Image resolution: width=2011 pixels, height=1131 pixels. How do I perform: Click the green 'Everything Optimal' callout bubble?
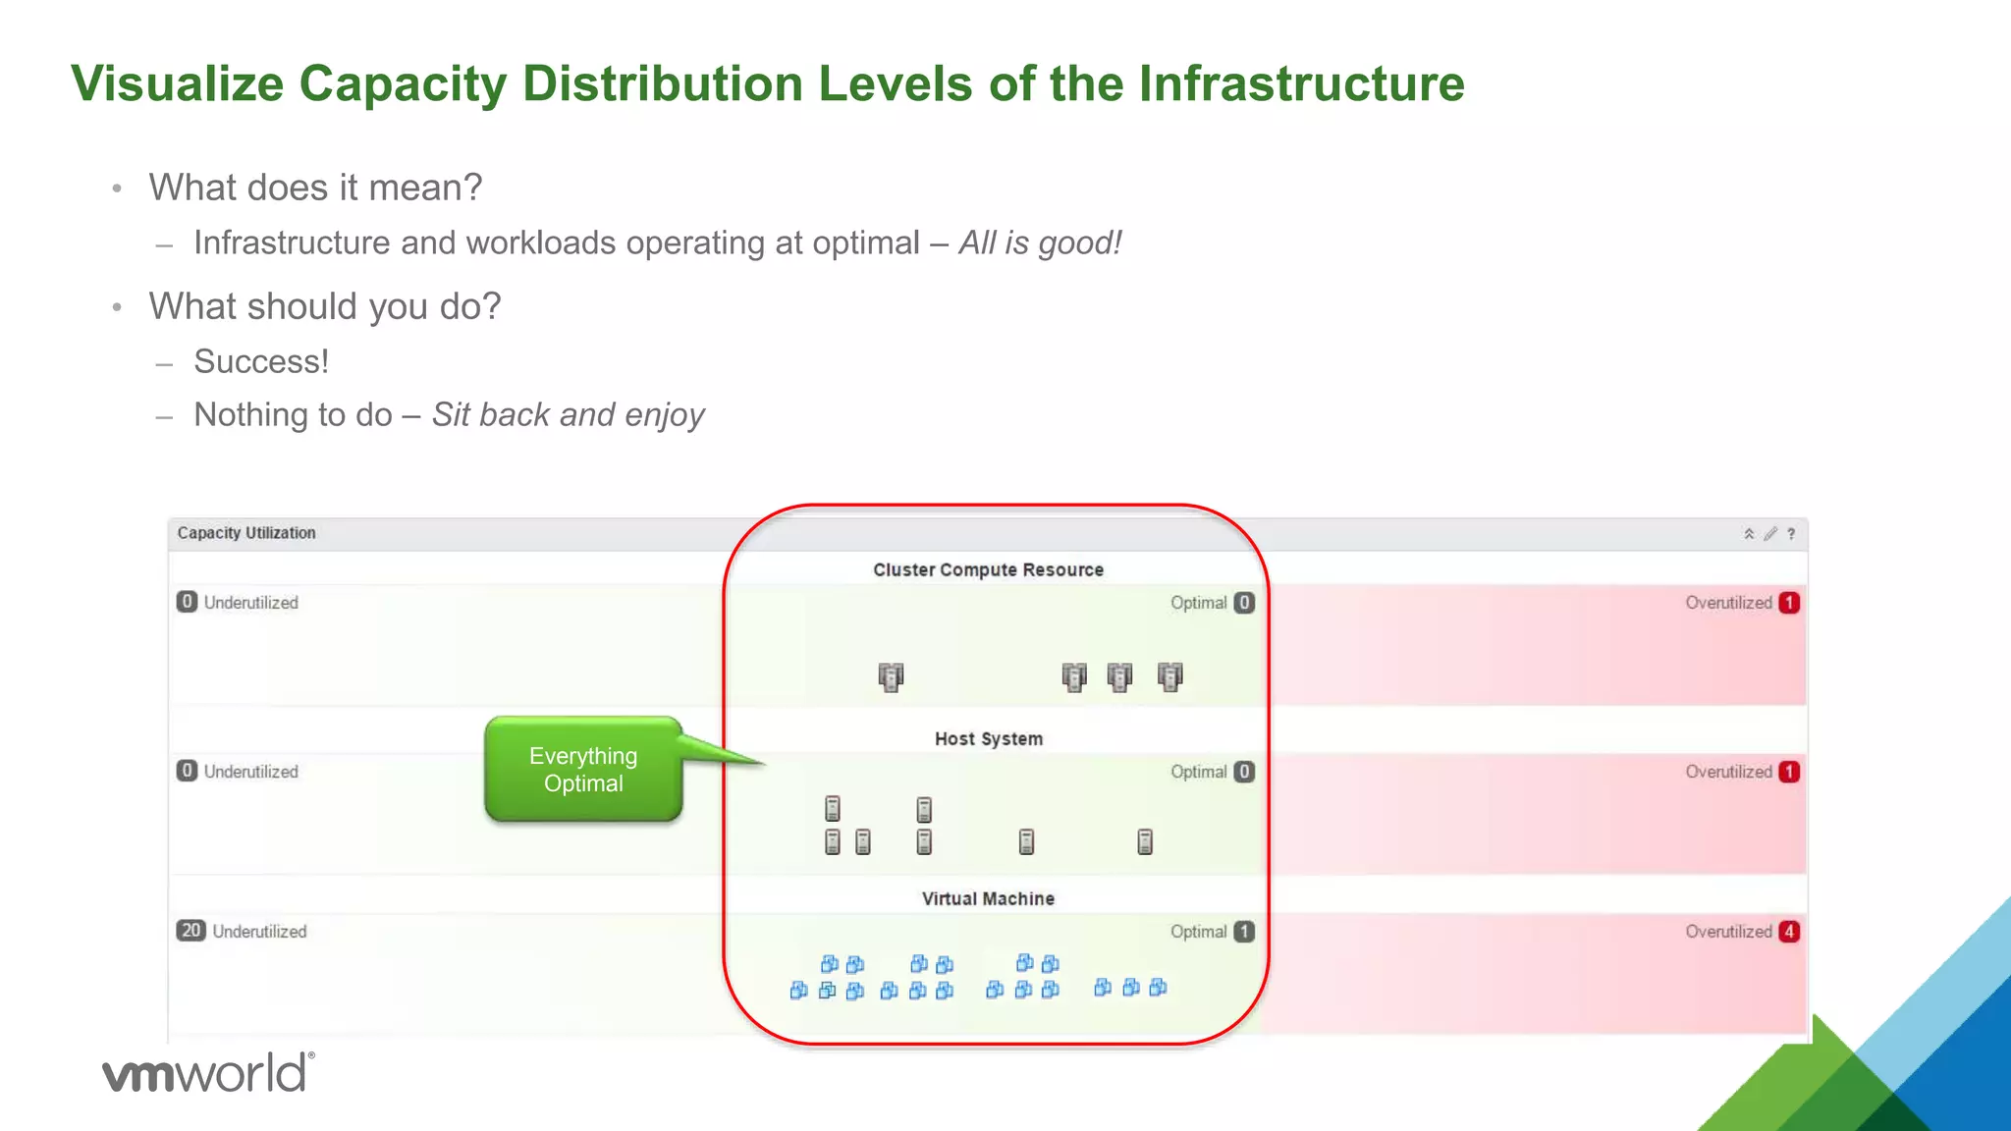click(x=583, y=769)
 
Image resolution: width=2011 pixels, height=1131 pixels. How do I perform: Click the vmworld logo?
click(x=208, y=1072)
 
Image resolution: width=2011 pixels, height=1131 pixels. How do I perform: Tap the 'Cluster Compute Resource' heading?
click(x=988, y=569)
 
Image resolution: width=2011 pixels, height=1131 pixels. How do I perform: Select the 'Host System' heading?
click(x=988, y=738)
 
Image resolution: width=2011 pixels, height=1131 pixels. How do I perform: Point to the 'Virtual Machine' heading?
click(x=988, y=898)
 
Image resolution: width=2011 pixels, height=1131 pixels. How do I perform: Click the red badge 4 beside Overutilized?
click(x=1789, y=932)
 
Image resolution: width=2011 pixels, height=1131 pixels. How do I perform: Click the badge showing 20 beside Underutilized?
click(x=190, y=931)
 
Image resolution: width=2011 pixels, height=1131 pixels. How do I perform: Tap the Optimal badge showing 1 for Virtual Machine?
click(x=1244, y=932)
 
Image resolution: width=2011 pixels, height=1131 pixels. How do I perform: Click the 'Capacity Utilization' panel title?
click(x=246, y=533)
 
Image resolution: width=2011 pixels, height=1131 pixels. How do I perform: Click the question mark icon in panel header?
click(x=1791, y=534)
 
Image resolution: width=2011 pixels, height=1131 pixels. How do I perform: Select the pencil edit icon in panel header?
click(x=1769, y=534)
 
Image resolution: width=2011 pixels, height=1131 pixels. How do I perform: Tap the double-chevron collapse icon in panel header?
click(x=1749, y=534)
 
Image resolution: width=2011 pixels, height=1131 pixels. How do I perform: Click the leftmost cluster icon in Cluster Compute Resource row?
click(x=891, y=676)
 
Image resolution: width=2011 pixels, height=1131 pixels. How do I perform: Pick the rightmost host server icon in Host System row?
click(x=1145, y=841)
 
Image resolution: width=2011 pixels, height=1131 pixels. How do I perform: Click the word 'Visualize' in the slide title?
click(x=177, y=83)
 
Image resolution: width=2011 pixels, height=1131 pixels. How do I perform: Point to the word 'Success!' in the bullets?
click(x=261, y=361)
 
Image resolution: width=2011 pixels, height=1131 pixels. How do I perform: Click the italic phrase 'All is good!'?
click(x=1040, y=242)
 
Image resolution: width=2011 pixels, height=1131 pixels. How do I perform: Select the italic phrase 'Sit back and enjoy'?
click(x=569, y=414)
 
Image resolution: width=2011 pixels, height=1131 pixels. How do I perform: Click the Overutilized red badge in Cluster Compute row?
click(x=1789, y=603)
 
